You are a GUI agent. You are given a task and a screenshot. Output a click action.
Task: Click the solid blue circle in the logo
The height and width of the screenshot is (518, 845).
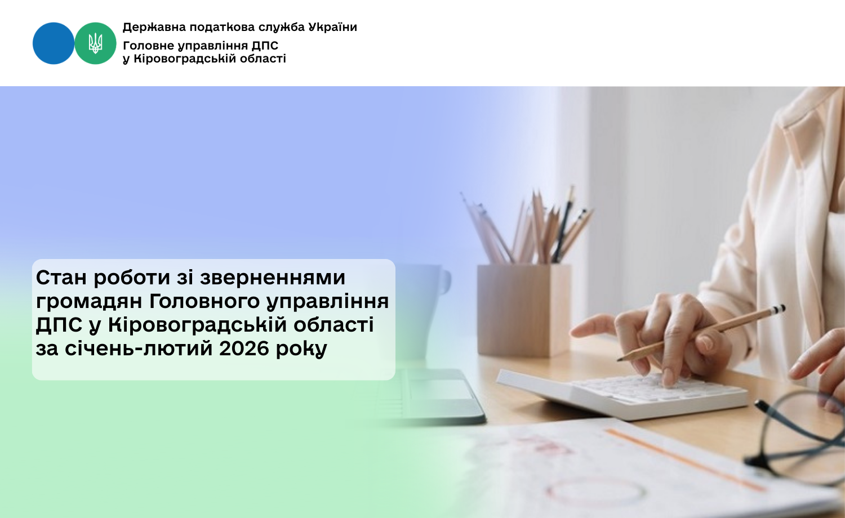click(x=53, y=43)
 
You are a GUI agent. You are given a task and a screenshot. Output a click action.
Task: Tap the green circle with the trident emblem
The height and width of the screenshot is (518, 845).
click(x=95, y=43)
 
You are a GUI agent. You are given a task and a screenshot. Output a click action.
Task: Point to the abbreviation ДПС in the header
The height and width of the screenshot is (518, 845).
click(x=265, y=46)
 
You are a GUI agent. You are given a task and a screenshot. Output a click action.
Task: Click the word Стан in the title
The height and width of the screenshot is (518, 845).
click(x=61, y=278)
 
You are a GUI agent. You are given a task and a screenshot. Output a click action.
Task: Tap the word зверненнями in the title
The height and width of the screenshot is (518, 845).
click(x=272, y=278)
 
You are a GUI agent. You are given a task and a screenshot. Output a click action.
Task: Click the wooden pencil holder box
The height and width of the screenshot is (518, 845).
click(x=524, y=310)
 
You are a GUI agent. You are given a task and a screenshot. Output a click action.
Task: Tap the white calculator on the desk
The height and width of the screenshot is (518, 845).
click(x=622, y=394)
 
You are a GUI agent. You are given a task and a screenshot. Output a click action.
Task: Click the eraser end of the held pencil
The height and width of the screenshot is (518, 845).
click(x=781, y=309)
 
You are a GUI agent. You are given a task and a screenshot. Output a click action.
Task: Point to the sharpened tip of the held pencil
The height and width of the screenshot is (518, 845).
click(x=619, y=360)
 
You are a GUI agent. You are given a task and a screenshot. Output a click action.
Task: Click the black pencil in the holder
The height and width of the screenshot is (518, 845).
click(x=562, y=226)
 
